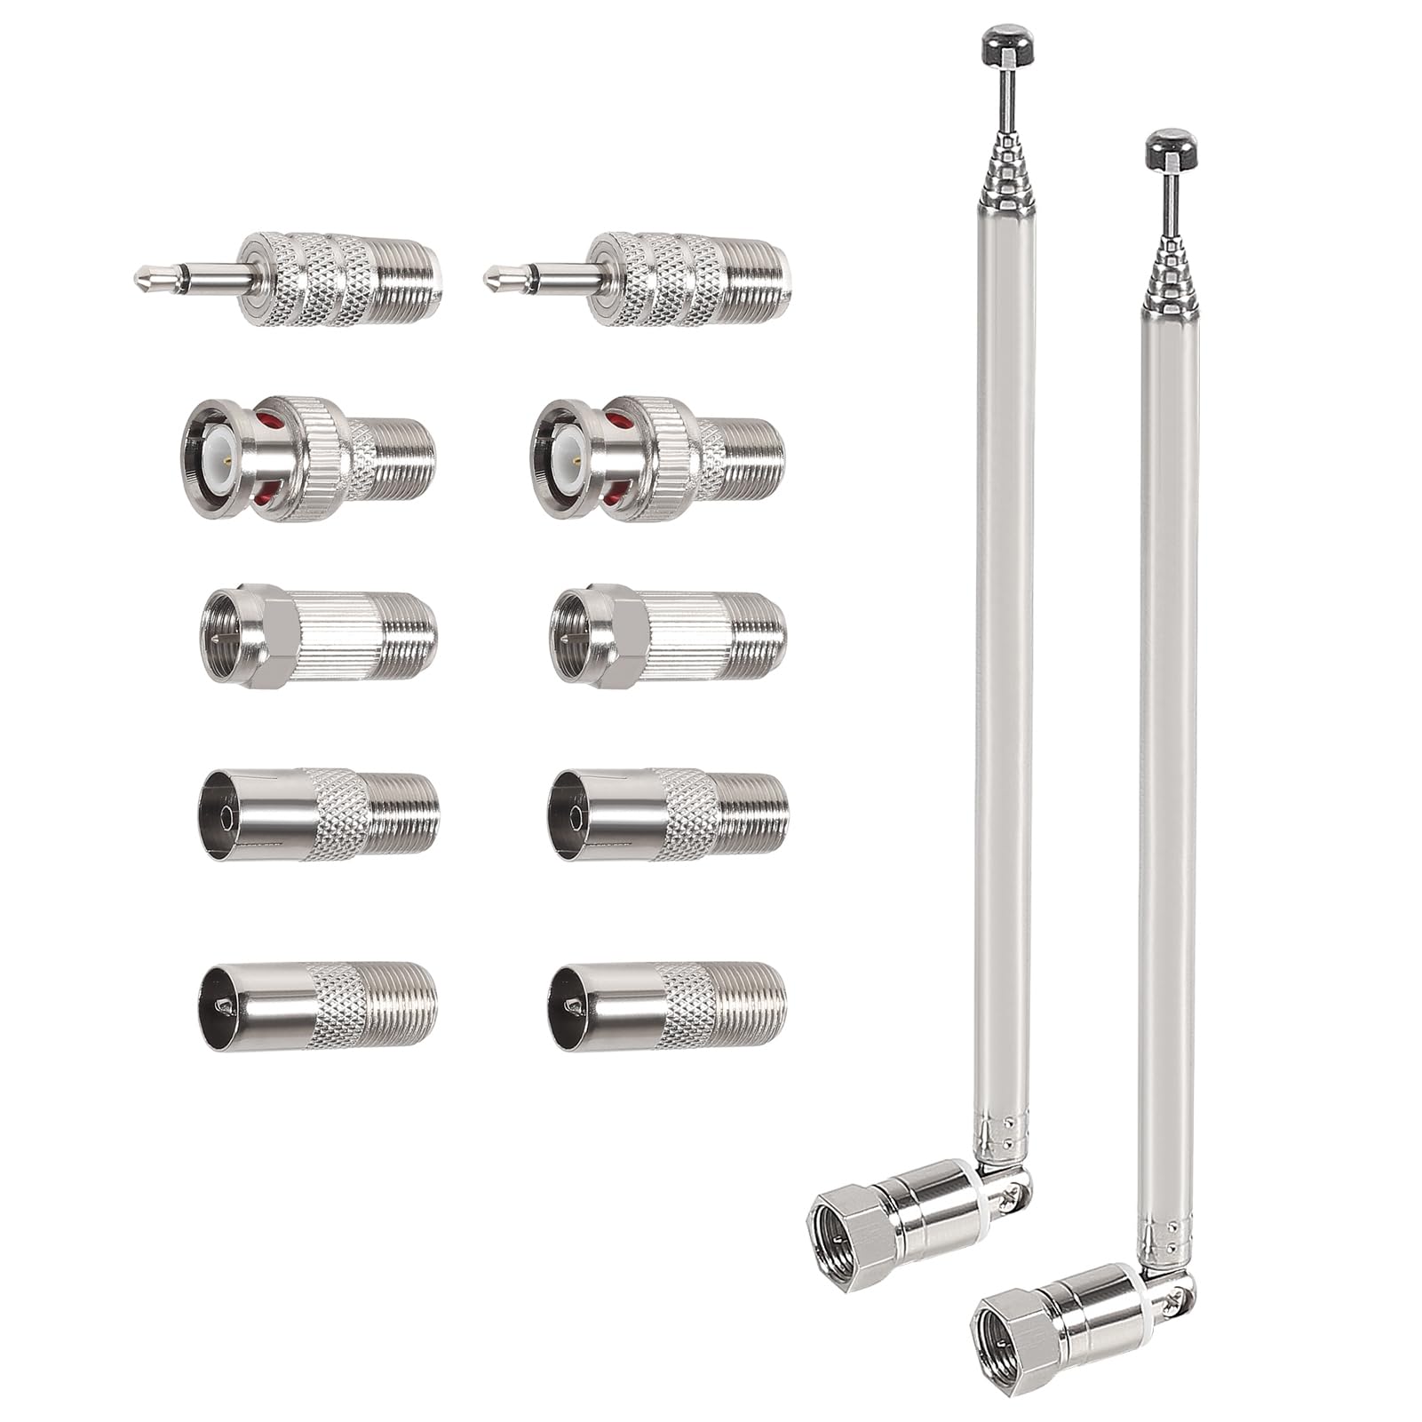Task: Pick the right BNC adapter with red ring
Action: pos(657,457)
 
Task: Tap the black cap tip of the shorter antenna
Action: pos(1171,147)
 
